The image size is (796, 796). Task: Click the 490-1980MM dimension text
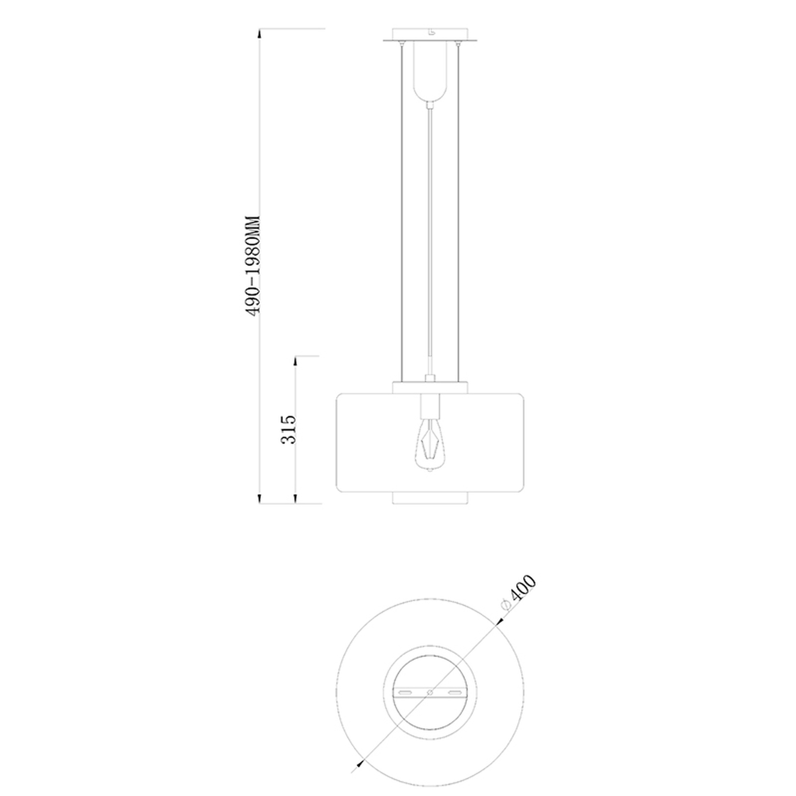(253, 267)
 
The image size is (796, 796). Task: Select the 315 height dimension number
(289, 429)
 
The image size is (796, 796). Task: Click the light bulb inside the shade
(430, 445)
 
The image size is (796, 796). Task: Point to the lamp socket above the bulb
(430, 406)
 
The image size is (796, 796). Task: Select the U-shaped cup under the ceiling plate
(430, 73)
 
